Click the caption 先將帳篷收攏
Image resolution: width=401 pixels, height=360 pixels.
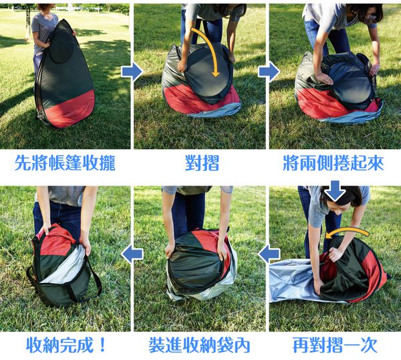[x=65, y=163]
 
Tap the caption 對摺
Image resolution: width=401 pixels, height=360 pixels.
[x=202, y=163]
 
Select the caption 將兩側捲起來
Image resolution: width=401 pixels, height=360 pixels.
[x=333, y=163]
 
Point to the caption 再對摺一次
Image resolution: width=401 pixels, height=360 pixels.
[x=335, y=345]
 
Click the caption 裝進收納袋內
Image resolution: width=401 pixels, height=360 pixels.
[x=199, y=345]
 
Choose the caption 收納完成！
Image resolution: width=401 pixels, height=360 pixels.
[x=66, y=345]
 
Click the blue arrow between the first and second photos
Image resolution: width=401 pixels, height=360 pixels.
[x=132, y=72]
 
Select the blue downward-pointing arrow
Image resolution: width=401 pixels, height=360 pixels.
[x=335, y=191]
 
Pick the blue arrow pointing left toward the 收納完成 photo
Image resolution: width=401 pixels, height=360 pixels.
[x=132, y=254]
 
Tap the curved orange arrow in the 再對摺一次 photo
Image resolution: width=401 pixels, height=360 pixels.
[x=346, y=232]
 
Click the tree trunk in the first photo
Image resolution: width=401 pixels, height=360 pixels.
[x=28, y=22]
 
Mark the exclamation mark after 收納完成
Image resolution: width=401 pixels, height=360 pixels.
[x=102, y=345]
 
